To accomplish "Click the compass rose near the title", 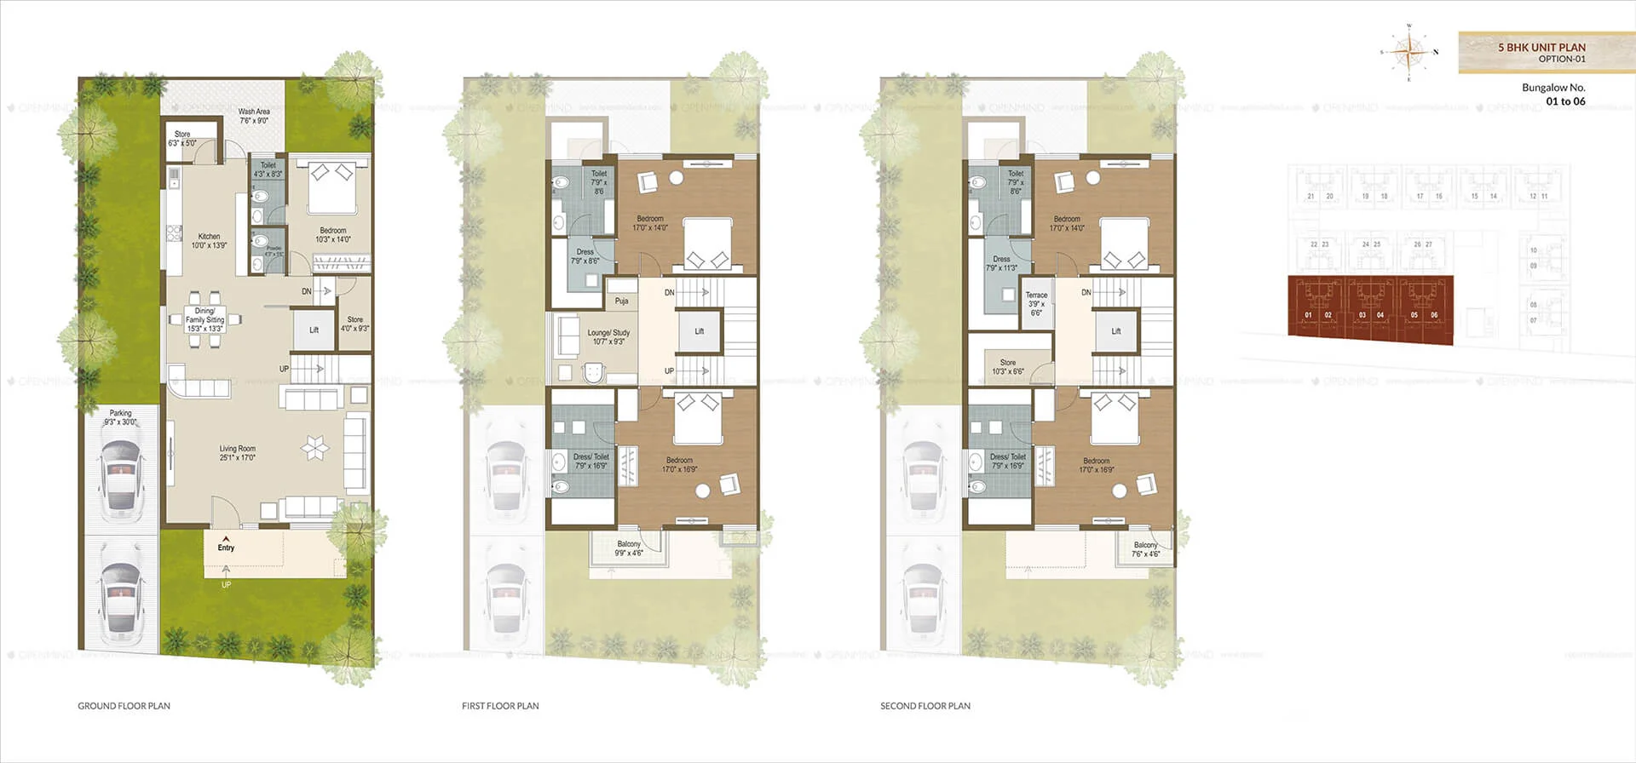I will click(1409, 53).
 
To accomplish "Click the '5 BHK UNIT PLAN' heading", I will click(1541, 48).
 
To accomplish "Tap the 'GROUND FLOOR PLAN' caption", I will click(124, 706).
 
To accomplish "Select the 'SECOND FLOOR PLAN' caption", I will click(925, 706).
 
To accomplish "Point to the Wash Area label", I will click(253, 116).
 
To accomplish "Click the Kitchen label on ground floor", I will click(209, 241).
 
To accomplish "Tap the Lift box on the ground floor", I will click(314, 330).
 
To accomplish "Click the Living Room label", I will click(237, 453).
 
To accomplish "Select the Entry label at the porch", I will click(226, 548).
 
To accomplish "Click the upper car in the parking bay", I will click(121, 479).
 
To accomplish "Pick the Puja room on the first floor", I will click(621, 301).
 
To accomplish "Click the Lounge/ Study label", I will click(608, 337).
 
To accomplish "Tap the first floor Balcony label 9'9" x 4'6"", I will click(629, 548).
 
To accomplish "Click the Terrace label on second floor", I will click(1036, 303).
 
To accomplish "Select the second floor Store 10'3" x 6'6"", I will click(1008, 367).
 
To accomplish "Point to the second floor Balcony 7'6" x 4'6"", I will click(1145, 549).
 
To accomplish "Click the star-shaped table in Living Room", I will click(314, 447).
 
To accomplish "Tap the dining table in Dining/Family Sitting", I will click(205, 320).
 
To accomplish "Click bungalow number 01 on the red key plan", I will click(1308, 315).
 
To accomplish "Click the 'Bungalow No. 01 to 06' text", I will click(1553, 94).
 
